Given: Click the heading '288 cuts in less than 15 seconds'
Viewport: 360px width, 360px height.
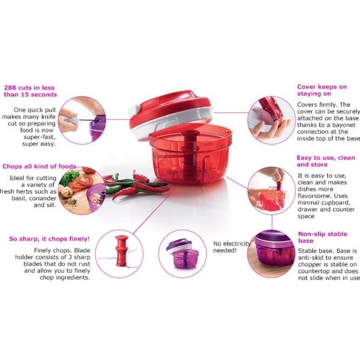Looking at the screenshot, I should point(30,90).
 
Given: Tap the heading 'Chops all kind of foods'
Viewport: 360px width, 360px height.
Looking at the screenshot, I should point(39,166).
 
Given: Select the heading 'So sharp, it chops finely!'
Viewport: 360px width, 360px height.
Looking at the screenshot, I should point(49,238).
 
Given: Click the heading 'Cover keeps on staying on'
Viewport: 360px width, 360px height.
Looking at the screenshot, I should point(322,90).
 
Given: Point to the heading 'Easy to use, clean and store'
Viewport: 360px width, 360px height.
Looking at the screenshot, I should point(325,161).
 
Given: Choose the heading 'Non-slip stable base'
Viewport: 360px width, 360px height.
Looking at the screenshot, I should point(322,238).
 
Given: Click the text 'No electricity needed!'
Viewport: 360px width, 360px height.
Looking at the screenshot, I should point(231,247).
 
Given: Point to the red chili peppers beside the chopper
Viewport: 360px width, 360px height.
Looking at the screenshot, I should point(126,184).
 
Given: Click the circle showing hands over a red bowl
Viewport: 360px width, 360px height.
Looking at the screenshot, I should point(272,188).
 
